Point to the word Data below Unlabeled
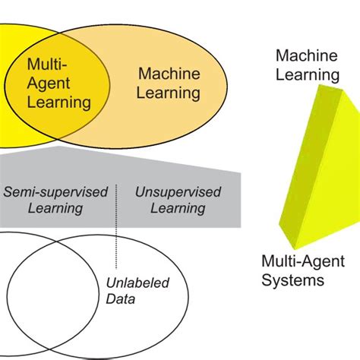tap(121, 299)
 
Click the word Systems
tap(293, 279)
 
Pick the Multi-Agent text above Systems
tap(303, 261)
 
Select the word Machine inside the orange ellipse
tap(169, 74)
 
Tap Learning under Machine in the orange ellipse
tap(169, 93)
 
